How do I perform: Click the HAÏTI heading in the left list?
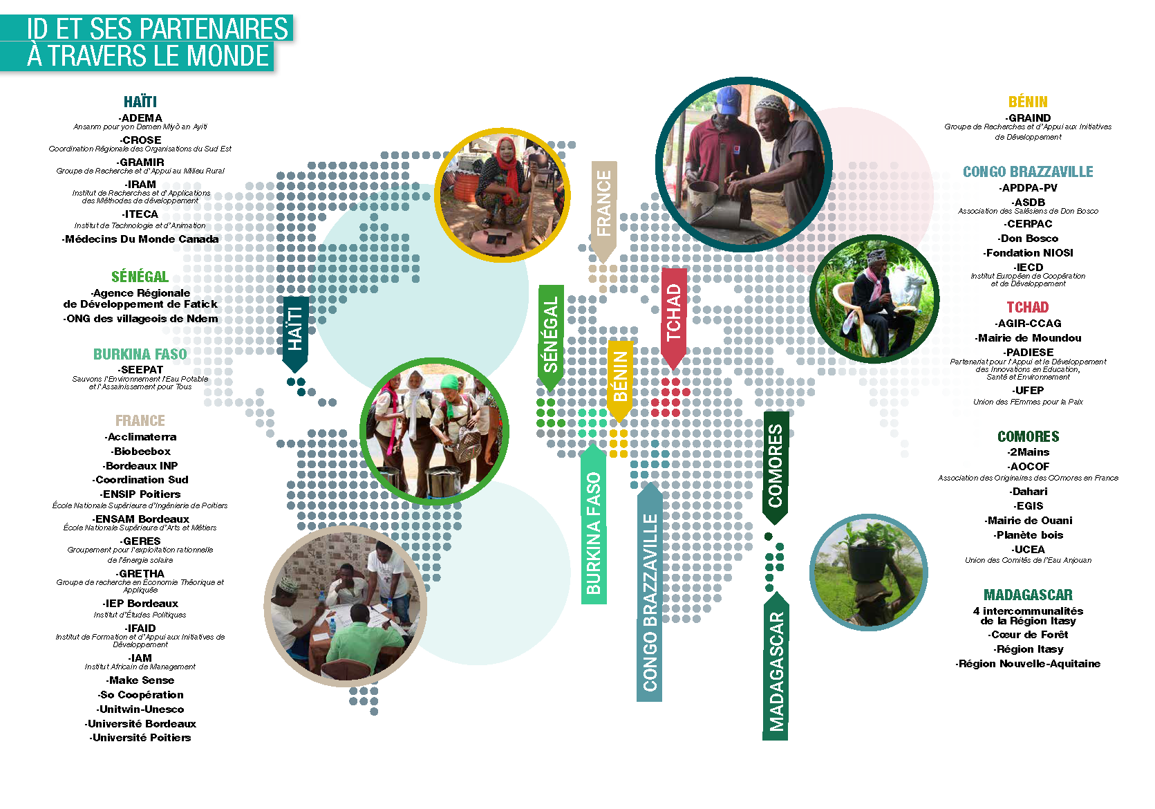point(140,102)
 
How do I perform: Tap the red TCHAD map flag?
point(673,315)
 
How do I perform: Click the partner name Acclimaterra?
point(141,437)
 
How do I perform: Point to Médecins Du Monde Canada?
point(141,239)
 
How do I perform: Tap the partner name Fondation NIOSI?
point(1029,253)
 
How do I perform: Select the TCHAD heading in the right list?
point(1028,307)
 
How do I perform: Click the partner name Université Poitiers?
point(141,738)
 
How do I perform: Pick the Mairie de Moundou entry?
point(1029,338)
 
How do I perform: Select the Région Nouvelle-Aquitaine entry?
point(1029,664)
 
